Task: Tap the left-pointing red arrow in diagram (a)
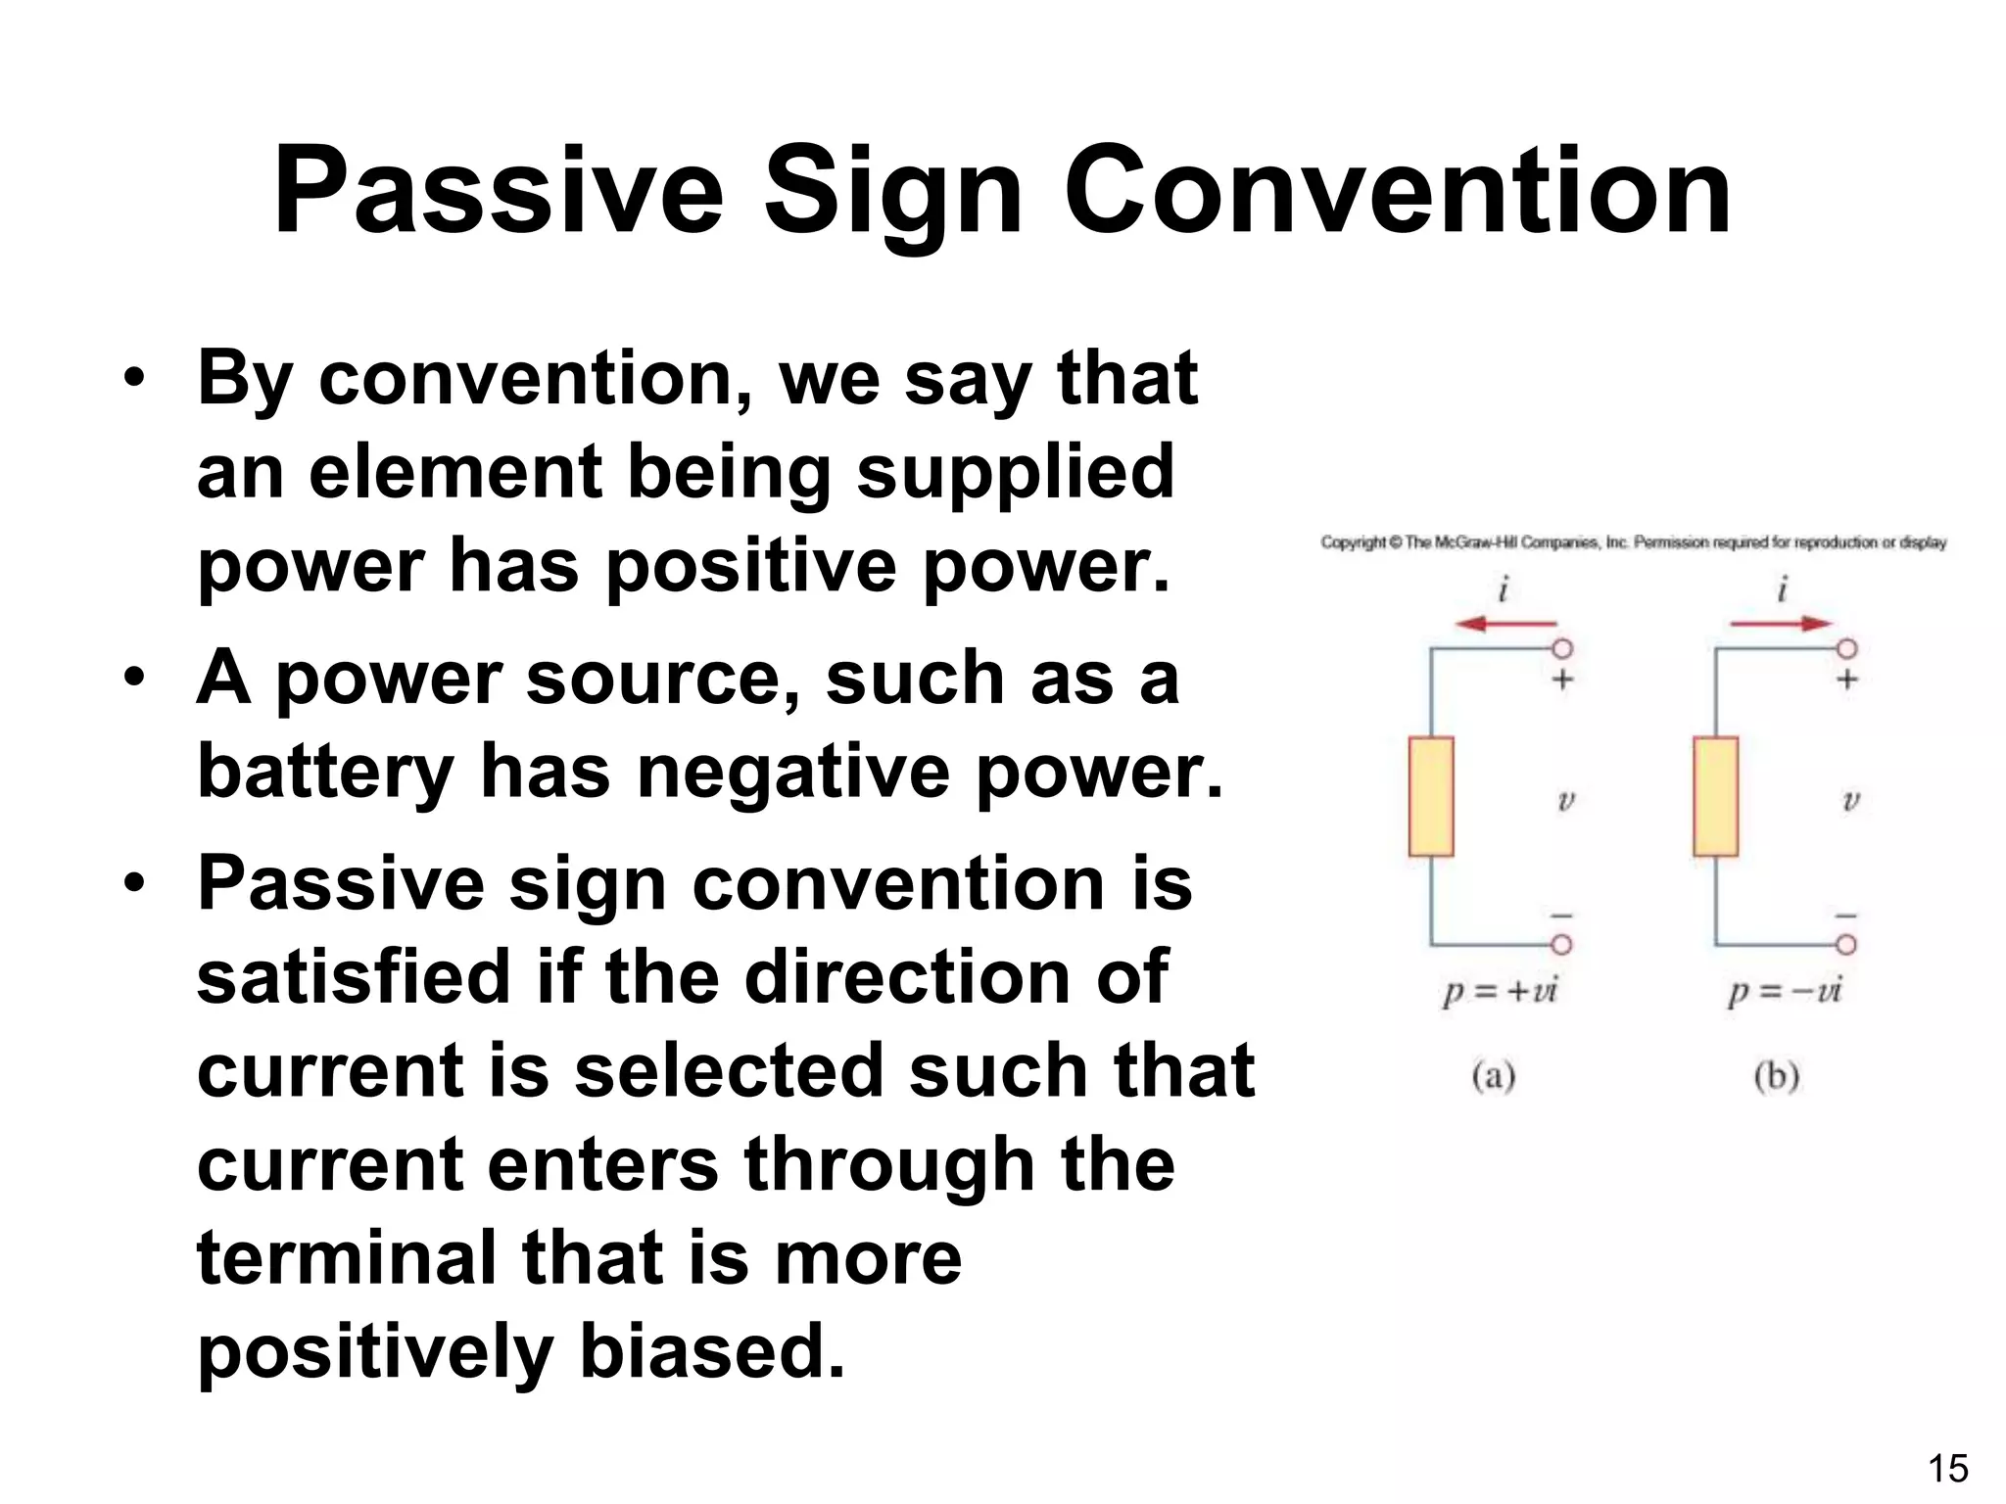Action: pos(1505,624)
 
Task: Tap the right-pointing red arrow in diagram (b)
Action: pos(1780,624)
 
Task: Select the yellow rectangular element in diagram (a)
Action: pos(1431,796)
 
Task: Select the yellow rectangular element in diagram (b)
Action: pos(1715,796)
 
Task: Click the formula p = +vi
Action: pos(1500,991)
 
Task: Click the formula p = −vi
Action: pos(1784,991)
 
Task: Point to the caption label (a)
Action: pos(1494,1076)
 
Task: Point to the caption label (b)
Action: pos(1777,1076)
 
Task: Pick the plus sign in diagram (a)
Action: pos(1563,679)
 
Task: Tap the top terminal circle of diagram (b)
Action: pos(1846,648)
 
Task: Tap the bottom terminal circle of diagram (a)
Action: pos(1562,944)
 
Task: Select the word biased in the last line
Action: pos(712,1351)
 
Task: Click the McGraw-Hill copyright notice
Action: pos(1633,542)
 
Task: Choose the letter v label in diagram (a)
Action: pos(1565,801)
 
